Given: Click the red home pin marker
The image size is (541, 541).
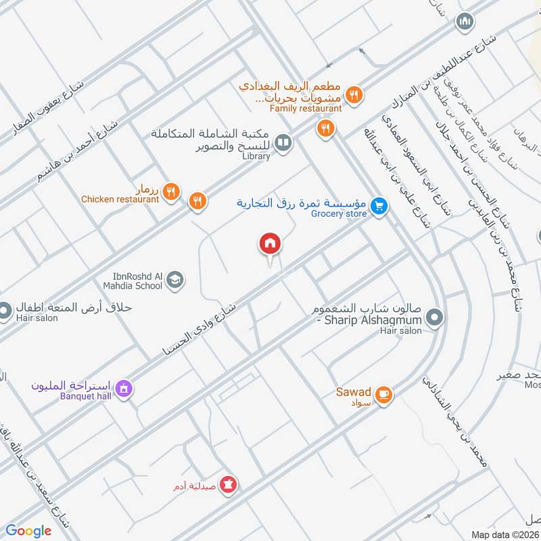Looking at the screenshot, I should [x=270, y=243].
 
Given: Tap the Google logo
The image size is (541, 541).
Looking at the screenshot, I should [x=28, y=531].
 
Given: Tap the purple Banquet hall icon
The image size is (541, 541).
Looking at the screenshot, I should [x=124, y=389].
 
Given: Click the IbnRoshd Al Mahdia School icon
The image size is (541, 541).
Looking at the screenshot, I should [x=175, y=280].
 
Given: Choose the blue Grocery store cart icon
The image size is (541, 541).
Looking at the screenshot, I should [x=379, y=206].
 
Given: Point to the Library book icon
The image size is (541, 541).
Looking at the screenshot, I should [x=285, y=142].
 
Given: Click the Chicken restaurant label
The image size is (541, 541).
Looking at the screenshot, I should [x=120, y=199].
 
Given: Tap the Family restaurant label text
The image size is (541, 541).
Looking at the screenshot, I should [x=306, y=108].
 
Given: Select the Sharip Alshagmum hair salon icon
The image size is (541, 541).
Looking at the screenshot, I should [x=436, y=316].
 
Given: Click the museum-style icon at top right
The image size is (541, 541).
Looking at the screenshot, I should [x=464, y=22].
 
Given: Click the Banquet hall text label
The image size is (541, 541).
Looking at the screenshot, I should [x=85, y=396].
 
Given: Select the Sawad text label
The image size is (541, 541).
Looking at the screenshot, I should [x=354, y=392].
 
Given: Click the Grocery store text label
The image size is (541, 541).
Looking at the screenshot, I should [x=339, y=214].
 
